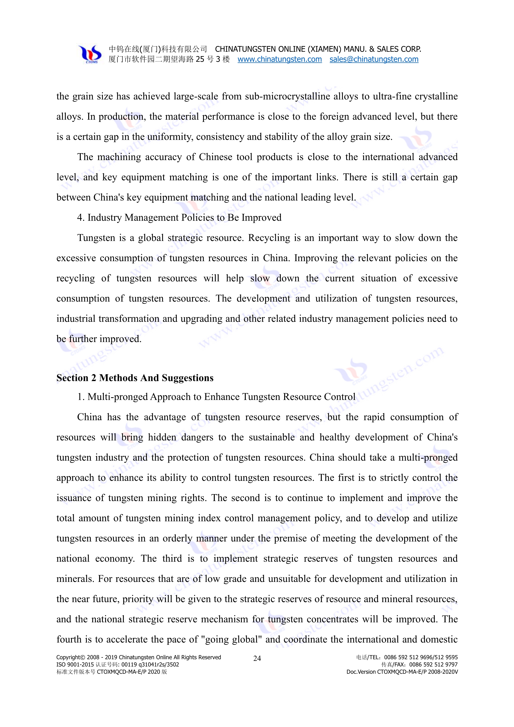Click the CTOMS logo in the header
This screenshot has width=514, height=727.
pos(90,54)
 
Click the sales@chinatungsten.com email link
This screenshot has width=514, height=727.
pos(374,59)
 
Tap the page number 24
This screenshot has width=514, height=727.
pos(257,658)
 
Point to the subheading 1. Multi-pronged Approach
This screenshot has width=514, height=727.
pos(216,397)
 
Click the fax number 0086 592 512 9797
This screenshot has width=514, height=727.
pos(433,664)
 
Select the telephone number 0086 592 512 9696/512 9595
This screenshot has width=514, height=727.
pos(421,657)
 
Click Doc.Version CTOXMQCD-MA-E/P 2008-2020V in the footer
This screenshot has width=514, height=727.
pos(402,672)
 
